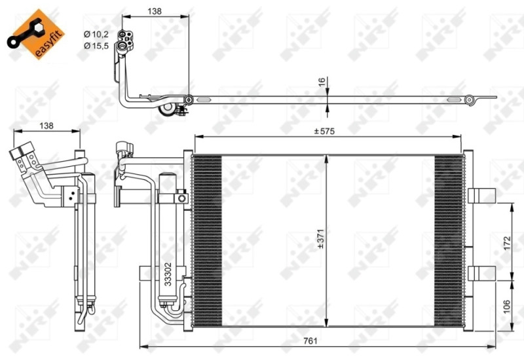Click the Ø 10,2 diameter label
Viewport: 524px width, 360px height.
95,34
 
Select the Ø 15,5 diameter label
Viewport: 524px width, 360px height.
95,46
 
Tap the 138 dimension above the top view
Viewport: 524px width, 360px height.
155,10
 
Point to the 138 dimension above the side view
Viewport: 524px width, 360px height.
46,125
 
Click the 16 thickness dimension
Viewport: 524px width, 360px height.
322,84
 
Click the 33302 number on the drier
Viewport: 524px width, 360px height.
168,274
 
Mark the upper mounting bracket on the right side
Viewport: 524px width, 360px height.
481,195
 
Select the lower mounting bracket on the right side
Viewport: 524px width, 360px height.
481,272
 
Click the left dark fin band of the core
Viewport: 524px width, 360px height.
208,240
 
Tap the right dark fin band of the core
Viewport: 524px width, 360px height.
448,240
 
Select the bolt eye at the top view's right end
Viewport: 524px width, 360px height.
469,99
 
